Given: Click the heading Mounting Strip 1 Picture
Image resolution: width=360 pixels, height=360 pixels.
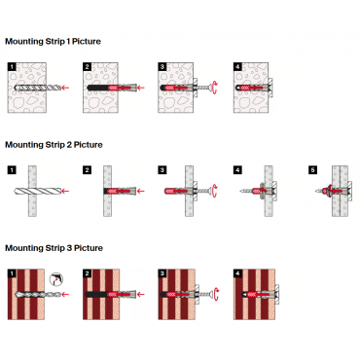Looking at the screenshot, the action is click(x=53, y=42).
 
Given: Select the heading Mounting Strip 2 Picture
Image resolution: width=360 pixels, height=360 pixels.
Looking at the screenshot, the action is click(x=54, y=145).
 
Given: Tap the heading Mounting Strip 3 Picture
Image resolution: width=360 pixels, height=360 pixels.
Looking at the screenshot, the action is click(x=54, y=248).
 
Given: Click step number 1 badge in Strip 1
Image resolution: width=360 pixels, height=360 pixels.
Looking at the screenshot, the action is click(x=12, y=67).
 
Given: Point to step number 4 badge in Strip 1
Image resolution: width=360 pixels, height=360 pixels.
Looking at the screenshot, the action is click(x=237, y=67).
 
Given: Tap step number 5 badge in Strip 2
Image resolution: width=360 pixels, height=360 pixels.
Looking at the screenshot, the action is click(x=313, y=170).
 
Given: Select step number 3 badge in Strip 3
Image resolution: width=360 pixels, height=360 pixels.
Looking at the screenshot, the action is click(x=162, y=273).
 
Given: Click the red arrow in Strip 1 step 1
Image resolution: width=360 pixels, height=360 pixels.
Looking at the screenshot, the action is click(x=66, y=88).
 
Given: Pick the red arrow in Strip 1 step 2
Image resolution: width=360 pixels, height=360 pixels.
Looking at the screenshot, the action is click(x=141, y=88).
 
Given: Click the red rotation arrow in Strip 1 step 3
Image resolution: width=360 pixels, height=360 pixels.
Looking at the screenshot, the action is click(x=216, y=88).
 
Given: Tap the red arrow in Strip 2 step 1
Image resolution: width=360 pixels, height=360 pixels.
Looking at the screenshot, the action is click(x=65, y=191).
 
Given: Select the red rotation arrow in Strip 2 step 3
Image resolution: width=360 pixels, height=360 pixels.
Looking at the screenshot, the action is click(x=215, y=191).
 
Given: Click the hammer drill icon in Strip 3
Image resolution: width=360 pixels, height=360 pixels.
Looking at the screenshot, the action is click(x=56, y=279).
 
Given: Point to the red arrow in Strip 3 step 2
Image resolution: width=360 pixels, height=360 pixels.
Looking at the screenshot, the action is click(x=141, y=295).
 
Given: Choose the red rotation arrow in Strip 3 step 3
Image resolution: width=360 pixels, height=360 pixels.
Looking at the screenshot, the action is click(x=217, y=295).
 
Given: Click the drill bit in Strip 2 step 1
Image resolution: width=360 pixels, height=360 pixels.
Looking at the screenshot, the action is click(x=37, y=191).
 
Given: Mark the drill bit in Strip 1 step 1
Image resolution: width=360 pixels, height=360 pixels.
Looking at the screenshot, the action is click(x=38, y=88).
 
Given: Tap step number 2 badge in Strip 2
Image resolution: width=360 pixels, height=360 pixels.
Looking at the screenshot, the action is click(x=87, y=170).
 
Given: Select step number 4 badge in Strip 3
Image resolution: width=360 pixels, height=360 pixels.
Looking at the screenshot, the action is click(x=237, y=273).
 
